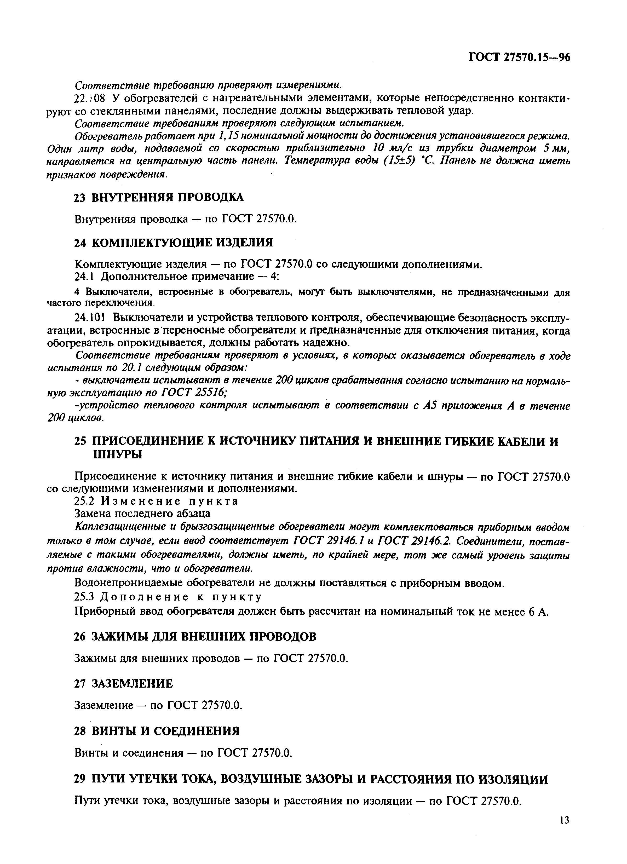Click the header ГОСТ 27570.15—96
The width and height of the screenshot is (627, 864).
pos(519,57)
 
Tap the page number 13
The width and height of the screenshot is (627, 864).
pos(565,820)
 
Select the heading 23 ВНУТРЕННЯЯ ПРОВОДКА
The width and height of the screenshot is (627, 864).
pos(158,197)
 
